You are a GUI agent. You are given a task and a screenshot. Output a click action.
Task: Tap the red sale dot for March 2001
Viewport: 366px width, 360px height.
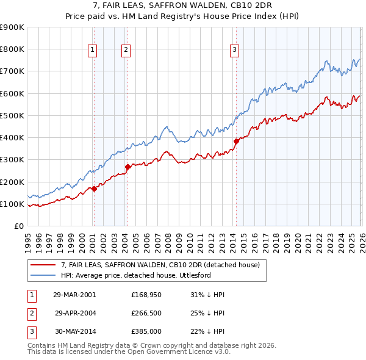coord(94,189)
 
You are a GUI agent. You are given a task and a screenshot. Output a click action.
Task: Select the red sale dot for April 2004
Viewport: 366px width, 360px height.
coord(127,167)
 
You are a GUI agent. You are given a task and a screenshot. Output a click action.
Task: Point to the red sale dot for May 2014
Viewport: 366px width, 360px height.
coord(236,141)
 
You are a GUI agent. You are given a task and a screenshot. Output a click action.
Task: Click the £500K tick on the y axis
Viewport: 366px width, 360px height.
coord(12,115)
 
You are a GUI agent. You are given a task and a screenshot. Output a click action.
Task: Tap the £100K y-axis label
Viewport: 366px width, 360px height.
coord(12,204)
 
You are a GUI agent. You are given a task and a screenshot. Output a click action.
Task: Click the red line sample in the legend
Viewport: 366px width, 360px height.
coord(43,265)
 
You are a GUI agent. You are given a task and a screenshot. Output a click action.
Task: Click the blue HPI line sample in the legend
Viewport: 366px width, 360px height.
coord(43,275)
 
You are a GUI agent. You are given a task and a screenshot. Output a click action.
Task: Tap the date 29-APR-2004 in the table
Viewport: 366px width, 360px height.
coord(76,312)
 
